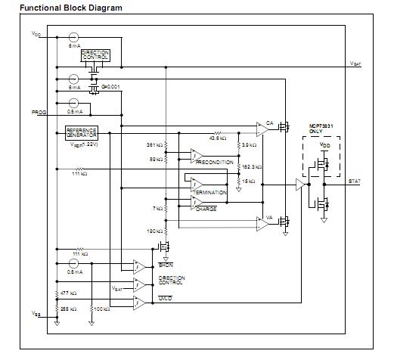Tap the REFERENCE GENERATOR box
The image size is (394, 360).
point(82,131)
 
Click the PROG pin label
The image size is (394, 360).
point(39,112)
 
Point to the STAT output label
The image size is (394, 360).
point(355,181)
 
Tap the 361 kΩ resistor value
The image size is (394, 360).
point(154,144)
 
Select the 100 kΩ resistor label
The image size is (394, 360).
point(100,309)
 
